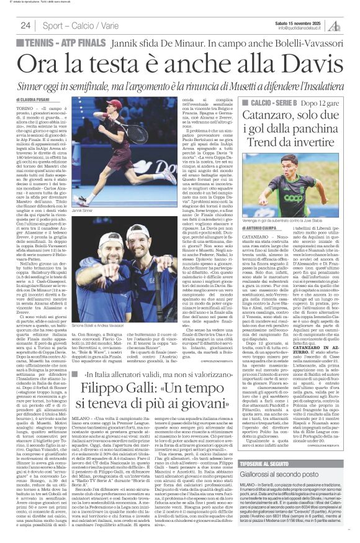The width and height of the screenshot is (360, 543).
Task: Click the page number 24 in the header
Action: [25, 25]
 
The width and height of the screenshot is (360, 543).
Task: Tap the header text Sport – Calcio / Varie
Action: [74, 25]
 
